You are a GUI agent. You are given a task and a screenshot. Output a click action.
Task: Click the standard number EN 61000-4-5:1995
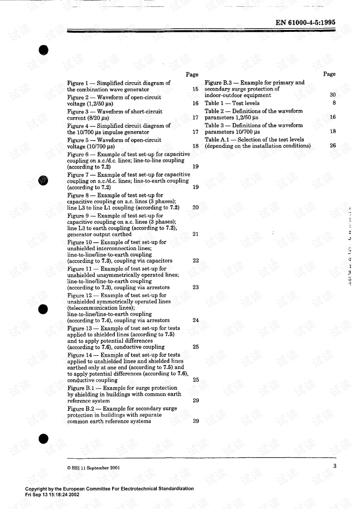(305, 23)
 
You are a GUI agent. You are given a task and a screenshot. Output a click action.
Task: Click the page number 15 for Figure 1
(195, 89)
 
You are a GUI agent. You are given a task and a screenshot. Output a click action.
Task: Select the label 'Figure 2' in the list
(78, 98)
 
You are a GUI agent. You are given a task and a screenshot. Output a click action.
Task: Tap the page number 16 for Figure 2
(195, 104)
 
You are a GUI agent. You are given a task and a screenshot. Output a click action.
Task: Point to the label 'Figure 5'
(78, 140)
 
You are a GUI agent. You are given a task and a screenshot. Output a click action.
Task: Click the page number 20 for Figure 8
(195, 207)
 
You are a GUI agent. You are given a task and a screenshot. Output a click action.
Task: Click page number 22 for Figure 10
(195, 261)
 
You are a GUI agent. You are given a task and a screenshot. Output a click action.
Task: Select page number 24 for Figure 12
(195, 320)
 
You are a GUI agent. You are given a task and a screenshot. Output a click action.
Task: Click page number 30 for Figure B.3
(333, 95)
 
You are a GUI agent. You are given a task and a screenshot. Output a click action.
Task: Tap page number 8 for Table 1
(334, 103)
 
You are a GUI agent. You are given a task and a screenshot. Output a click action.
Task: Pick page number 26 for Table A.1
(333, 146)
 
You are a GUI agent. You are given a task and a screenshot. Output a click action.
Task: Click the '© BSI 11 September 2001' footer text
(93, 468)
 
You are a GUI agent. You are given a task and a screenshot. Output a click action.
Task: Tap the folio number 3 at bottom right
(334, 466)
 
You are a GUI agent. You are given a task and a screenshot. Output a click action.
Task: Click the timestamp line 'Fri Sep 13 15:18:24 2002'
(52, 495)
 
